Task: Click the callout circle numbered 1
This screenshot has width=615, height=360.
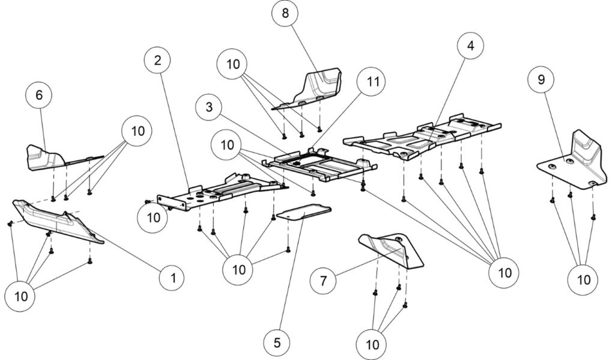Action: (x=173, y=278)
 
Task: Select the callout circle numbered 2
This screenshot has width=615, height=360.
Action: (x=157, y=60)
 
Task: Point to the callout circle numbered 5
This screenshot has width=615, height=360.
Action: (x=277, y=343)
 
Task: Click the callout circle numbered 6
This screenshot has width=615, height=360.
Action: (x=40, y=96)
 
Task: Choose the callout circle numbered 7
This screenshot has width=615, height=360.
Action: (x=324, y=279)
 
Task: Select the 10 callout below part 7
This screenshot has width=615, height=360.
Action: (x=372, y=344)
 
